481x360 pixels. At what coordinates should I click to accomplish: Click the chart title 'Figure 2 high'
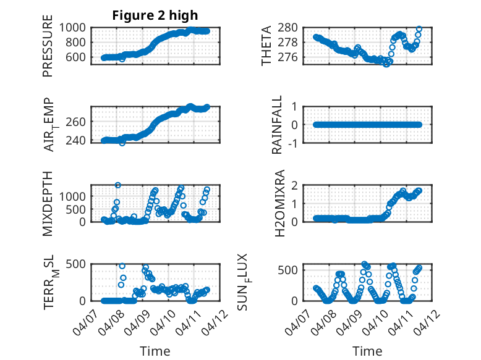click(155, 15)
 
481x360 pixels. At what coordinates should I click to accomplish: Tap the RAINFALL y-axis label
click(278, 125)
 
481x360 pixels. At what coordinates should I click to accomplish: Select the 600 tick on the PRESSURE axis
click(79, 57)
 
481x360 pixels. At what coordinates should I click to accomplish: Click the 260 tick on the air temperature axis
click(79, 121)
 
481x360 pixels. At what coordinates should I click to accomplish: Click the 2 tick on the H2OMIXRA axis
click(296, 185)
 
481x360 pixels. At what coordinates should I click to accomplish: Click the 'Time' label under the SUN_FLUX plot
click(367, 351)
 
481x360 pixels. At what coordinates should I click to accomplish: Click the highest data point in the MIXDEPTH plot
click(117, 185)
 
